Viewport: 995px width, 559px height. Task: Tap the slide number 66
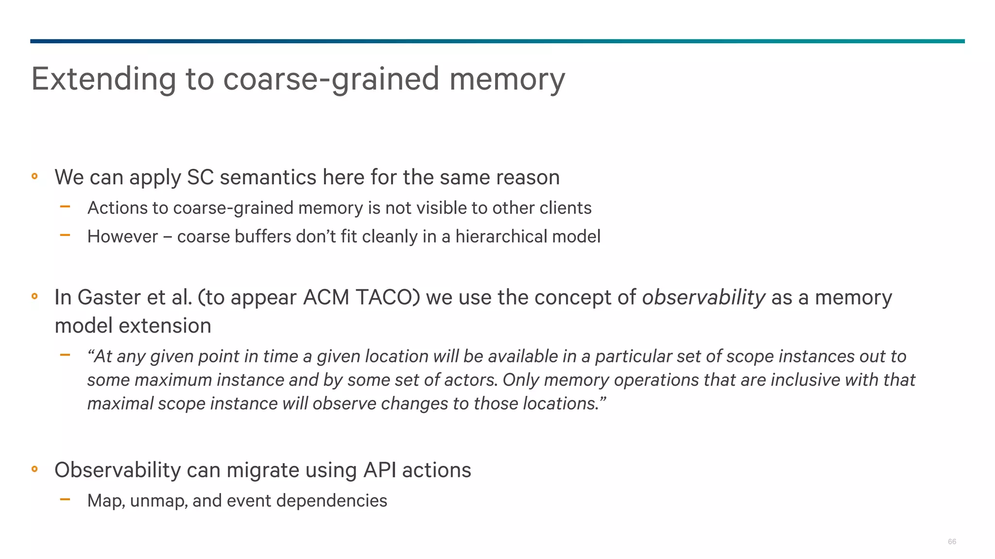point(952,542)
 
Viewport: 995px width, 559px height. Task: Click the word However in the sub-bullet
point(122,236)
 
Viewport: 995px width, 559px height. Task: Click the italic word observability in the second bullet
point(703,297)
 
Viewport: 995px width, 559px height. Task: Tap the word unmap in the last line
point(158,501)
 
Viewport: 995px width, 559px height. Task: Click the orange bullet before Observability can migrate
point(34,469)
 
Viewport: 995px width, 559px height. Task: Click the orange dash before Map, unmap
point(65,499)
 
